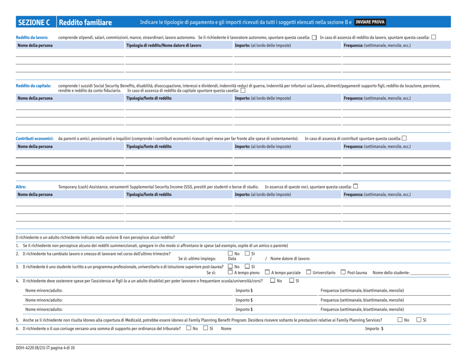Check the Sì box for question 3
click(x=246, y=267)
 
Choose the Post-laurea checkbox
click(x=343, y=273)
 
